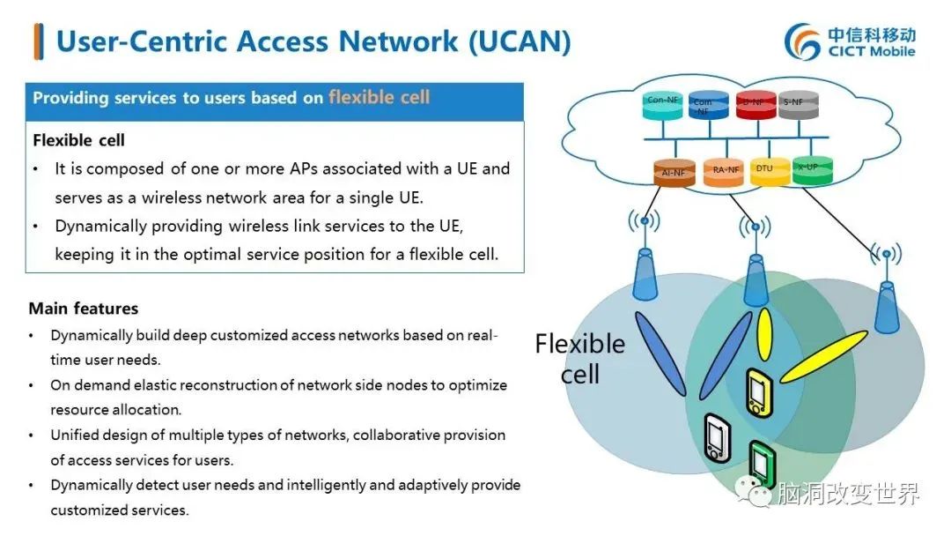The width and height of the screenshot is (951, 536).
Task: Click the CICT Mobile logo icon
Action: (802, 41)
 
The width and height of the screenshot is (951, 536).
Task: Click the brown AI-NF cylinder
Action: (674, 172)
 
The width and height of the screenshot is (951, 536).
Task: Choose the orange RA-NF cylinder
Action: (724, 172)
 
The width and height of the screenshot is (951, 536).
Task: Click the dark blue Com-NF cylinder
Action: (704, 107)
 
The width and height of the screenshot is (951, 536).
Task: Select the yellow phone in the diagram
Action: (757, 392)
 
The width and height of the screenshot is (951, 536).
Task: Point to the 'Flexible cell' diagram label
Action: (580, 358)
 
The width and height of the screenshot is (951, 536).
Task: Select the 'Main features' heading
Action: (84, 309)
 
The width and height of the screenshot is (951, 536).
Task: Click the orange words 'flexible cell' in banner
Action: (380, 98)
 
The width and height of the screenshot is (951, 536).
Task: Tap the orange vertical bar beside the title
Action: (38, 41)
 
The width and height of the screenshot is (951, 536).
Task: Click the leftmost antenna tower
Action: (645, 269)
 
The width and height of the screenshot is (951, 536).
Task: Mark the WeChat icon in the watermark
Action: (758, 494)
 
